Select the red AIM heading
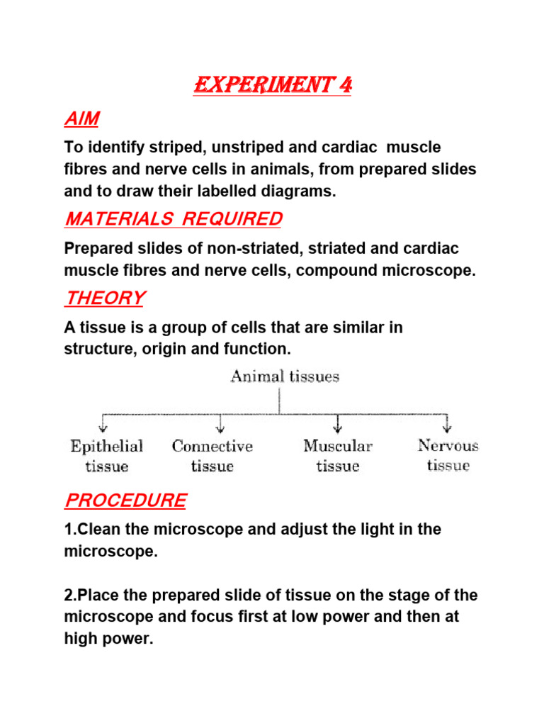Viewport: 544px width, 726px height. tap(81, 119)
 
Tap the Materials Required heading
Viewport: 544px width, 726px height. tap(173, 219)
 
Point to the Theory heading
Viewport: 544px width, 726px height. tap(104, 298)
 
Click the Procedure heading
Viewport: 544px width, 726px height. tap(125, 501)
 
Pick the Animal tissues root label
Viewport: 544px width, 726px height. tap(285, 376)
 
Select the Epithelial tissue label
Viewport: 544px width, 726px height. tap(107, 456)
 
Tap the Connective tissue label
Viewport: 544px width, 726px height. tap(212, 456)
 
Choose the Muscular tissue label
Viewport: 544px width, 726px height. tap(337, 456)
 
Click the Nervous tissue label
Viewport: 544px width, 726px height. tap(448, 455)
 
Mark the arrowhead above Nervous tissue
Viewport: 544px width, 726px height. tap(447, 427)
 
